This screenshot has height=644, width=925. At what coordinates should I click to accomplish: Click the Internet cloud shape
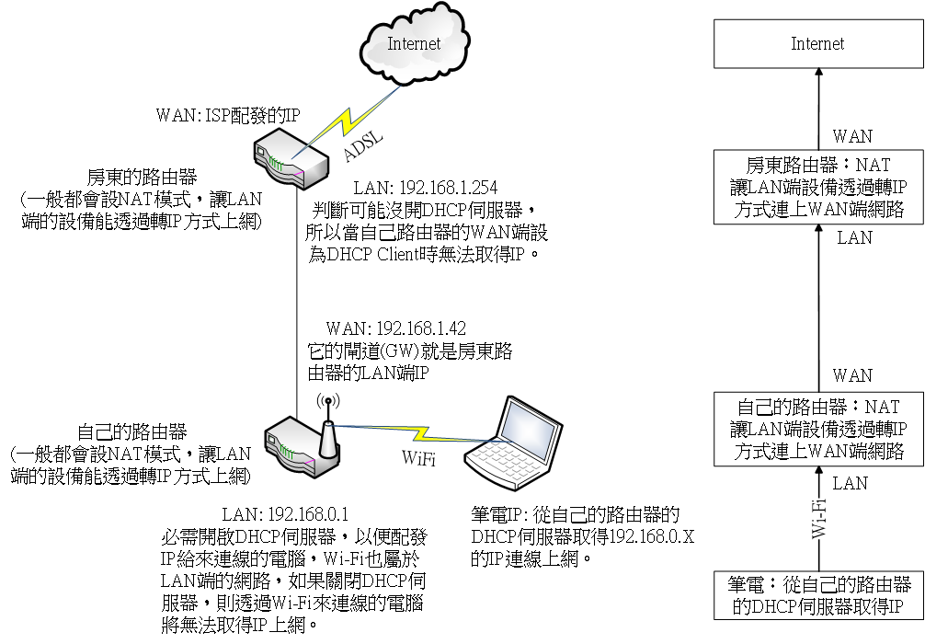pos(414,46)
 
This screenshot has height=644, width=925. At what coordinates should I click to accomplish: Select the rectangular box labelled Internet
pos(817,44)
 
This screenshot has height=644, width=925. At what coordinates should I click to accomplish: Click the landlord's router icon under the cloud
pos(289,158)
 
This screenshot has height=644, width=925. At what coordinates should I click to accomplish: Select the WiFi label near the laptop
pos(418,457)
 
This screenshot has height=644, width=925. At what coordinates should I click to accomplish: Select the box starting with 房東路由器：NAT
pos(817,188)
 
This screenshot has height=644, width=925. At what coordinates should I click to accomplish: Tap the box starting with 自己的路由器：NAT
pos(817,428)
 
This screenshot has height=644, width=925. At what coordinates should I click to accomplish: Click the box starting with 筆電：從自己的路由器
pos(817,595)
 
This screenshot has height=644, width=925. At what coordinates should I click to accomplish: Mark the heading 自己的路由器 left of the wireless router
pos(132,431)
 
